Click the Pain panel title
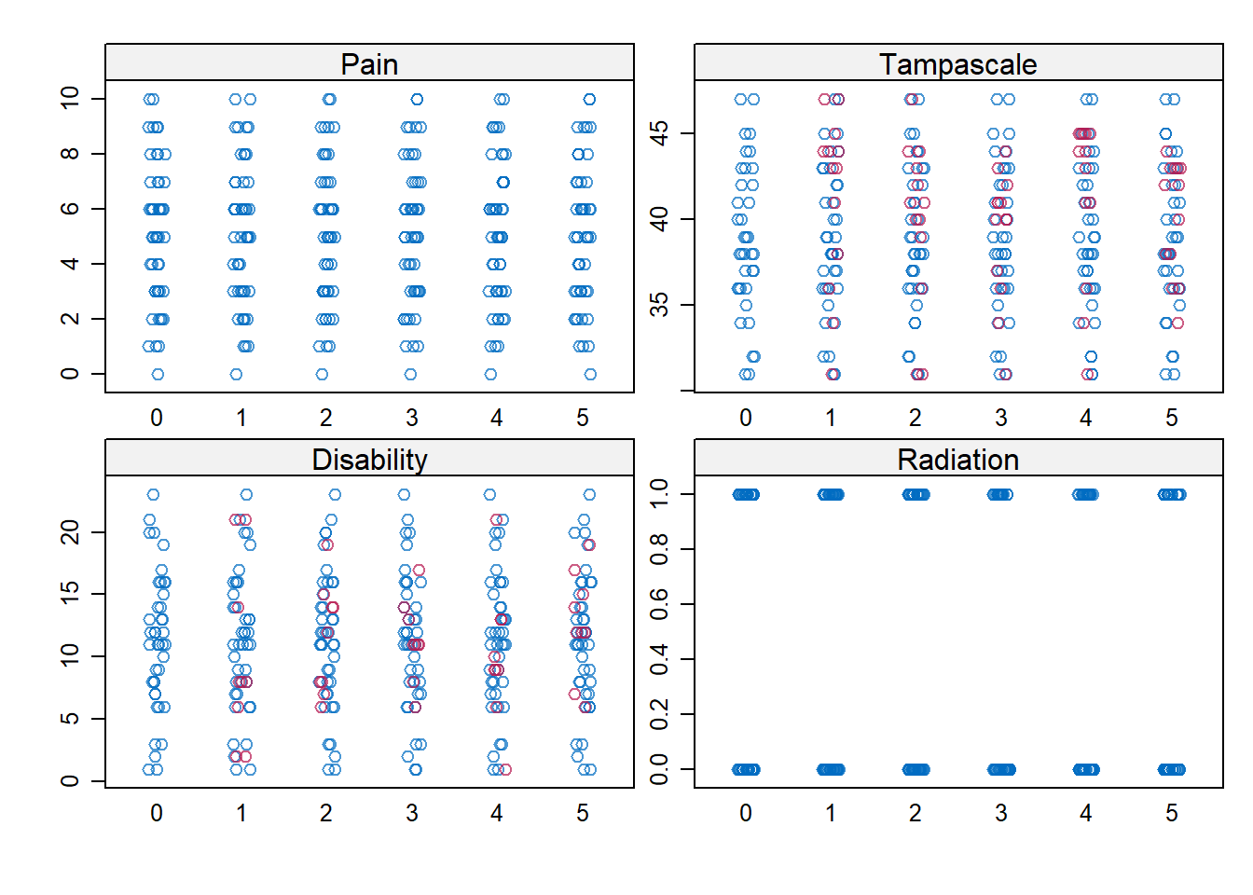click(369, 64)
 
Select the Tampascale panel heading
click(957, 64)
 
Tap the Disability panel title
click(369, 460)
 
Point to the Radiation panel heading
click(957, 460)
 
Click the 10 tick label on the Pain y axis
click(70, 98)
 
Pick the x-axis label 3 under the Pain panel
click(412, 418)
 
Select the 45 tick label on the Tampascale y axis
click(659, 133)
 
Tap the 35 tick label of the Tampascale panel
click(659, 305)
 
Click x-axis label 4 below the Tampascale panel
click(1086, 418)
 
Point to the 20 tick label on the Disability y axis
click(70, 532)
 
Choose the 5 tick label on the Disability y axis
click(70, 719)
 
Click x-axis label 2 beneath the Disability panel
click(326, 813)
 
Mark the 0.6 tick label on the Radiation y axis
click(659, 604)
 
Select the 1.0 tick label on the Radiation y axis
click(659, 494)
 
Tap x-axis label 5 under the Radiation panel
click(1172, 813)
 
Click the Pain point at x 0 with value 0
click(158, 374)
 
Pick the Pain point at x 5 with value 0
click(590, 374)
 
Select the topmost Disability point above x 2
click(335, 494)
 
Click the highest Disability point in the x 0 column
click(153, 494)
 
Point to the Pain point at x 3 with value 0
click(410, 374)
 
